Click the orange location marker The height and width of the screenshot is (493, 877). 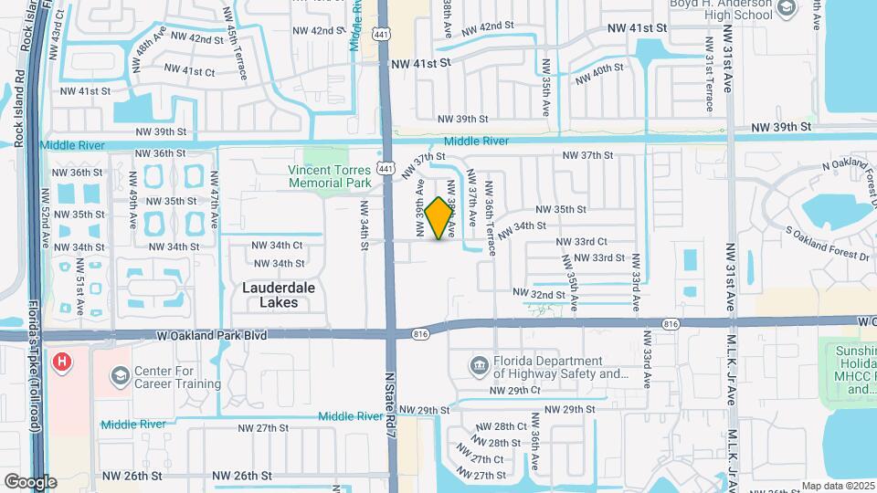(439, 218)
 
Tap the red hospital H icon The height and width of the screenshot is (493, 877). (62, 362)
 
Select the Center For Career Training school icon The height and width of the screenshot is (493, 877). (121, 376)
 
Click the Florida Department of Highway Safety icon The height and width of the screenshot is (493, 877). (479, 367)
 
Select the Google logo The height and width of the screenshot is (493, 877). (29, 481)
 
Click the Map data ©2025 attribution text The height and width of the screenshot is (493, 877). (838, 486)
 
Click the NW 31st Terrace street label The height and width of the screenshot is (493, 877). (709, 73)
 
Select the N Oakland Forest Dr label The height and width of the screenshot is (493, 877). (846, 175)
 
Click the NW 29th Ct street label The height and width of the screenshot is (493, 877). (515, 390)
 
